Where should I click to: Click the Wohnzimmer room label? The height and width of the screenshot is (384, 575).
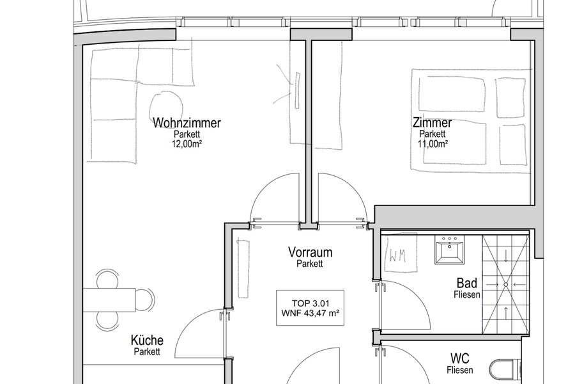tap(187, 122)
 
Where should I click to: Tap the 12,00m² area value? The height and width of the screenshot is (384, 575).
tap(187, 143)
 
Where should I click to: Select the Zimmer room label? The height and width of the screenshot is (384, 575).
tap(433, 122)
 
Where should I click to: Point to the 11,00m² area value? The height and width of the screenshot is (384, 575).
tap(433, 143)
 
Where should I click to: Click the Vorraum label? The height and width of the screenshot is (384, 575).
tap(310, 252)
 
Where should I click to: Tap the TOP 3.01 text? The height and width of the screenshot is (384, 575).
tap(310, 303)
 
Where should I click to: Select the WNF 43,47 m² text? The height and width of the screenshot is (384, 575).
tap(310, 314)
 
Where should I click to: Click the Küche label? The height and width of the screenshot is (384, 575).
tap(147, 340)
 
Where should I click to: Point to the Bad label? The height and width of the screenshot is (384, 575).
tap(467, 283)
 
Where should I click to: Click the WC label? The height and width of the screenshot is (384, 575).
tap(460, 358)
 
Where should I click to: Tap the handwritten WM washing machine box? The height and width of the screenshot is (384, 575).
tap(400, 253)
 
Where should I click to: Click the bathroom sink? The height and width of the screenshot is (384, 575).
tap(450, 250)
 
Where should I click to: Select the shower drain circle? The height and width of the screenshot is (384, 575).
tap(506, 284)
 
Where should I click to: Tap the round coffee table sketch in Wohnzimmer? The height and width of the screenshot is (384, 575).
tap(165, 106)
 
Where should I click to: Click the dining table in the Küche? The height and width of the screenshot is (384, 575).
tap(110, 300)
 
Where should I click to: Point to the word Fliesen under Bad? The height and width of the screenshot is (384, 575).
tap(467, 294)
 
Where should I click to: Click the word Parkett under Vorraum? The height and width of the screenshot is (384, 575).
tap(310, 264)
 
